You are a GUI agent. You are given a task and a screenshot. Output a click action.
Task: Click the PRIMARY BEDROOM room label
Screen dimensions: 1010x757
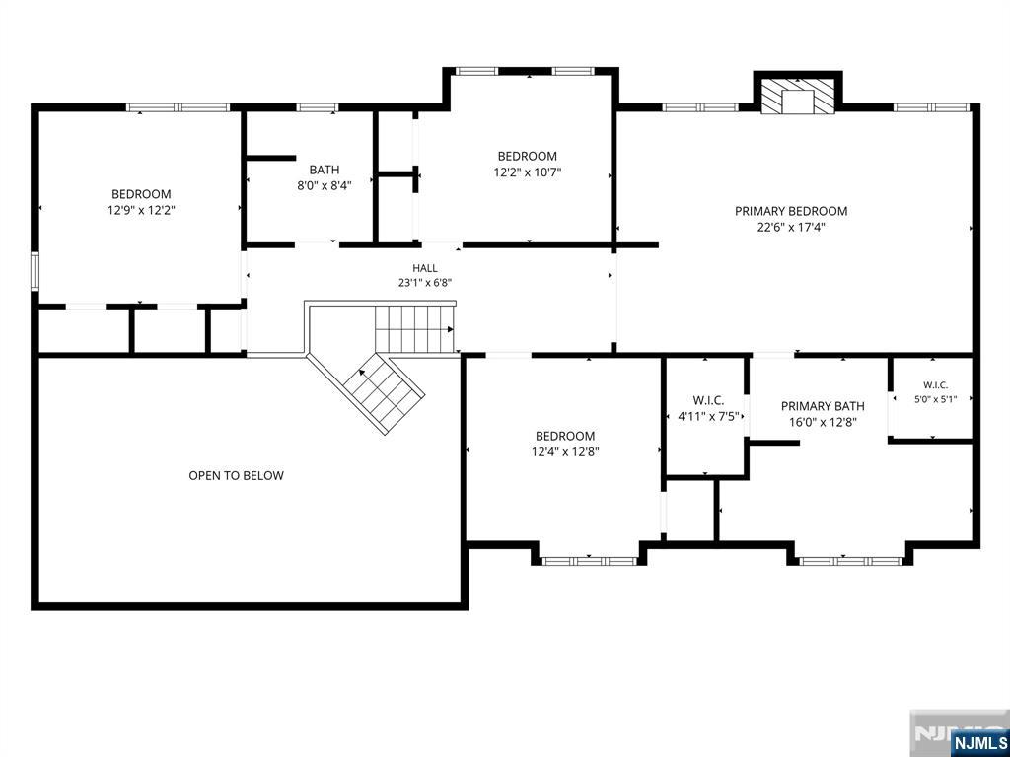(791, 211)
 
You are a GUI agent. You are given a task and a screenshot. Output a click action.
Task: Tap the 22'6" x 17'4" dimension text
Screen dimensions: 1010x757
(792, 227)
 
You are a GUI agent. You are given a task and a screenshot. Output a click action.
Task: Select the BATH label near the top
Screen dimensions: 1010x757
(324, 170)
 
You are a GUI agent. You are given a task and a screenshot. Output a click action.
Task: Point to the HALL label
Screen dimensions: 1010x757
(425, 268)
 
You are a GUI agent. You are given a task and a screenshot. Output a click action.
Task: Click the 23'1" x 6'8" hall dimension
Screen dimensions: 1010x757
(425, 283)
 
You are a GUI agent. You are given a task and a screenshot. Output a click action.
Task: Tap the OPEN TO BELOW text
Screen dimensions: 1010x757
(236, 476)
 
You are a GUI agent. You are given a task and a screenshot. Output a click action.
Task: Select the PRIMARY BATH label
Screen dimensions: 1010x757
(823, 406)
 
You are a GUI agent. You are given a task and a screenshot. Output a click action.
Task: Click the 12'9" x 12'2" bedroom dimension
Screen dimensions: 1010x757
(142, 209)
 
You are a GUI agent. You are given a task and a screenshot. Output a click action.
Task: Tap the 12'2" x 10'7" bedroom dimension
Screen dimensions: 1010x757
(528, 172)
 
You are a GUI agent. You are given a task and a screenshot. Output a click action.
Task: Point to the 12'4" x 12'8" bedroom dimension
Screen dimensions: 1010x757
(565, 451)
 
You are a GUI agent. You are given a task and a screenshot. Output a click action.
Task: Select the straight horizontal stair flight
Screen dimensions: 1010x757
(415, 329)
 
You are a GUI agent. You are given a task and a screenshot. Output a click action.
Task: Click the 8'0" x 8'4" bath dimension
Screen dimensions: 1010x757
(324, 186)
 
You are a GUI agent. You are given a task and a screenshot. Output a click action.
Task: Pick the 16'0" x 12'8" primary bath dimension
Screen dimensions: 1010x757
(823, 422)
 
